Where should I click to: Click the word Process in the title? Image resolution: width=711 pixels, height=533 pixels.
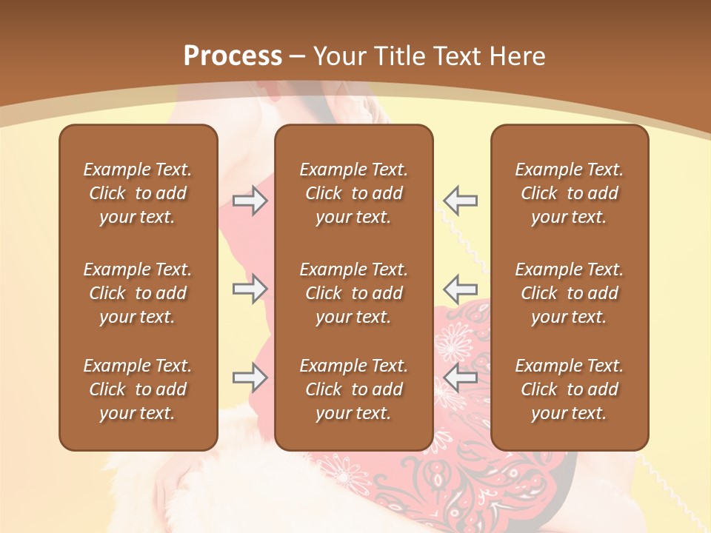coord(233,56)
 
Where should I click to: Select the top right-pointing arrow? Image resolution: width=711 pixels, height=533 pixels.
coord(250,201)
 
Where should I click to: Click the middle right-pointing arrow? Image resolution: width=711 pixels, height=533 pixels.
coord(250,289)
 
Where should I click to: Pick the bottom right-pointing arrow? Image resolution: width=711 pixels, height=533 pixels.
coord(250,378)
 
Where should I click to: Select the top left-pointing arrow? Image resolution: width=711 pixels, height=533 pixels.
coord(461,201)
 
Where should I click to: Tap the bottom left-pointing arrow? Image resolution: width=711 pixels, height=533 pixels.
coord(461,378)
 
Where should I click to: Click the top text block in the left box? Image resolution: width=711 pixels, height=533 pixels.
coord(138,193)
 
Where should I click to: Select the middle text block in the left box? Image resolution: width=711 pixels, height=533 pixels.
coord(138,293)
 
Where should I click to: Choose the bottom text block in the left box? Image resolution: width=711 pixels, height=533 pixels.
coord(138,389)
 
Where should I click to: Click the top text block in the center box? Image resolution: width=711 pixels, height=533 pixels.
coord(354,193)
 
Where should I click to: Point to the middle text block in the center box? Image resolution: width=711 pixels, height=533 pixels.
coord(354,293)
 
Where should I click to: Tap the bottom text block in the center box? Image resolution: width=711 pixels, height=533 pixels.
coord(354,389)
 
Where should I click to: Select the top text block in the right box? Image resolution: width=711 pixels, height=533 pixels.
coord(570,193)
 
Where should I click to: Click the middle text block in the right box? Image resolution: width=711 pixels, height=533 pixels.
coord(570,293)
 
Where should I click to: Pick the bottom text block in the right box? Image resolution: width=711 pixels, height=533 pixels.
coord(570,389)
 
